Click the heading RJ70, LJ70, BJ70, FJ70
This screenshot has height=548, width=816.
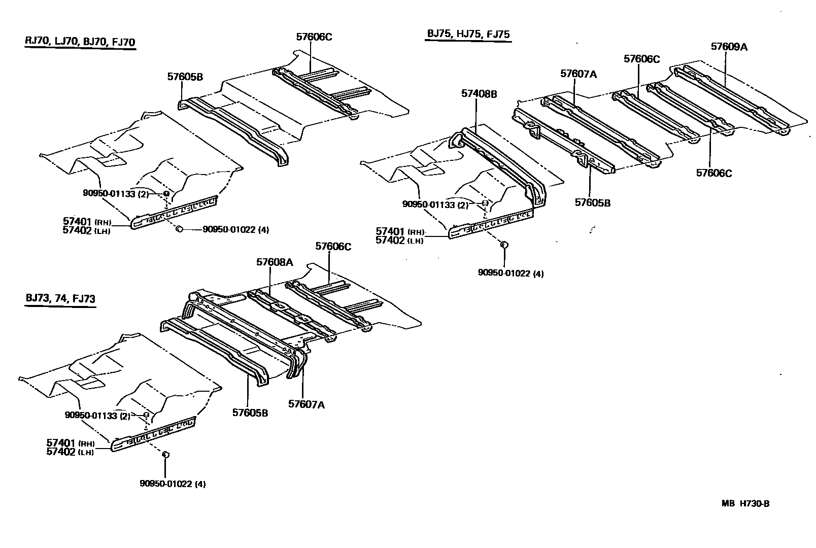point(80,42)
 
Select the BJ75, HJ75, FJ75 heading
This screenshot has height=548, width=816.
point(467,34)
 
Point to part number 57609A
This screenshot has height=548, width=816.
point(729,46)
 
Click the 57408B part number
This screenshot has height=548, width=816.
point(479,93)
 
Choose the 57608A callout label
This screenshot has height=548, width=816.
point(275,262)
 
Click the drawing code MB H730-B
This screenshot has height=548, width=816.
point(745,504)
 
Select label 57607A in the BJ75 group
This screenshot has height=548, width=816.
point(579,74)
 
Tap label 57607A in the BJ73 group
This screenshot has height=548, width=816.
point(307,404)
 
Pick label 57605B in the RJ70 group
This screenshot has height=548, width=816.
point(185,77)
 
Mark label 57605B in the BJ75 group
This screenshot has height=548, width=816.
point(593,202)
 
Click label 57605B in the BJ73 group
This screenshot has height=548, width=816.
point(250,413)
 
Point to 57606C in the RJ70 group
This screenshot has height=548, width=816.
point(314,37)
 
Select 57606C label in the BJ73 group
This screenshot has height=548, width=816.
point(333,246)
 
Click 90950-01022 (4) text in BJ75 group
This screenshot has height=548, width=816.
point(511,273)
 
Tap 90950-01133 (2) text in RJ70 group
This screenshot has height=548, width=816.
point(116,193)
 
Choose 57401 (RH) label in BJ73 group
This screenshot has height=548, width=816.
point(71,443)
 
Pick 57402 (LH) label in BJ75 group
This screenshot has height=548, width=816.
point(399,240)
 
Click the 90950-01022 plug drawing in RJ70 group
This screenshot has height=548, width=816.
point(179,229)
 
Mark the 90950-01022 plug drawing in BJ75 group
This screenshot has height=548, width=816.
point(504,245)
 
